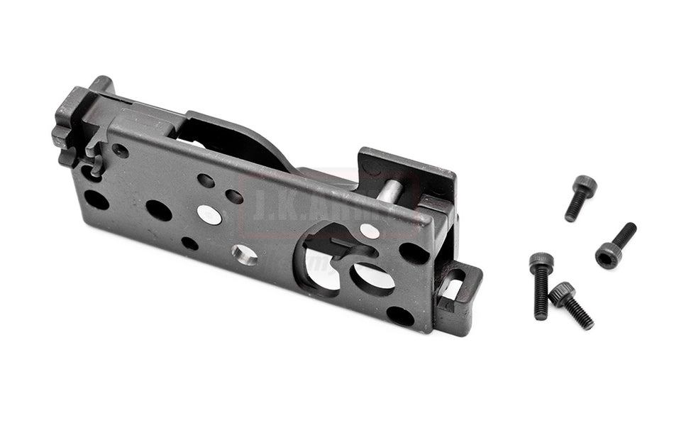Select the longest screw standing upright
[541, 285]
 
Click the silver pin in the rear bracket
[389, 192]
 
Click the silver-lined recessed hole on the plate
[245, 253]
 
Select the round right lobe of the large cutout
[373, 278]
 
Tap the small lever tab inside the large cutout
[351, 248]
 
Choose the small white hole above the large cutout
[370, 231]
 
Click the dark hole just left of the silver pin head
[158, 210]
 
